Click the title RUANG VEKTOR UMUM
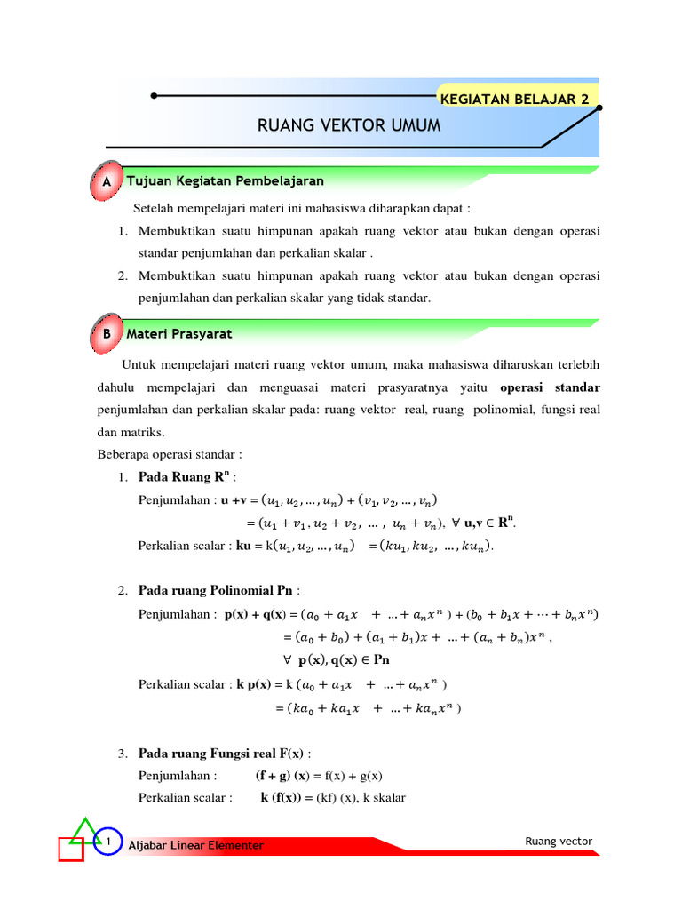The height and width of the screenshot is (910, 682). click(x=349, y=126)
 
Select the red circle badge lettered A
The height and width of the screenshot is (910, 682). click(x=107, y=181)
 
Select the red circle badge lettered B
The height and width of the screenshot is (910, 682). click(x=107, y=334)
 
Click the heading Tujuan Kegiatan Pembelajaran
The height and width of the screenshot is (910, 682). click(x=225, y=180)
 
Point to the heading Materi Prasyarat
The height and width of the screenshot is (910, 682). click(x=179, y=334)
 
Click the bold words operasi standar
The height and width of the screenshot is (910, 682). click(x=550, y=387)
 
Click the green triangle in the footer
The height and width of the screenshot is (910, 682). click(x=85, y=831)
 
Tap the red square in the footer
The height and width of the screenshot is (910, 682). click(x=71, y=850)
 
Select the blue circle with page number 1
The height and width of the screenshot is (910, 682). click(x=107, y=840)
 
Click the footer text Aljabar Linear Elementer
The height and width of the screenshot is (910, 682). click(x=196, y=845)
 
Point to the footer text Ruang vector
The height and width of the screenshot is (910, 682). click(x=559, y=841)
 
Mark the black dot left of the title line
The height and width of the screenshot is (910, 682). click(x=155, y=95)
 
